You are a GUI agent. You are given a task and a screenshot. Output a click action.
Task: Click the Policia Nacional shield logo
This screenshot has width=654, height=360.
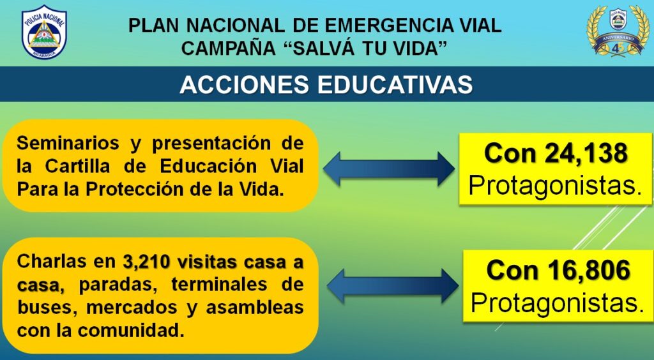44,32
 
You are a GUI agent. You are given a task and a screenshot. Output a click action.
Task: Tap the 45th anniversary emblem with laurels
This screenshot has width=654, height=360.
618,31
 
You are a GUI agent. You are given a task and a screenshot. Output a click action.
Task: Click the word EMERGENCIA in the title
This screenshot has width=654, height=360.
388,26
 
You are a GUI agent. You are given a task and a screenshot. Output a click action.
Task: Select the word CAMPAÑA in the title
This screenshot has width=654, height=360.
228,49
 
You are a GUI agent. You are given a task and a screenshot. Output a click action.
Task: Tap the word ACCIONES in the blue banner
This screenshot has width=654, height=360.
245,85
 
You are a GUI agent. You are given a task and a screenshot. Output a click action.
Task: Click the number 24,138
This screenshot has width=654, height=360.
586,153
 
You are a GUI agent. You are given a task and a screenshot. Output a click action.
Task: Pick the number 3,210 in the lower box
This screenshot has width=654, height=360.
146,262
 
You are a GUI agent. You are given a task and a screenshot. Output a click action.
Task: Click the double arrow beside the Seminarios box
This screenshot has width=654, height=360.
389,169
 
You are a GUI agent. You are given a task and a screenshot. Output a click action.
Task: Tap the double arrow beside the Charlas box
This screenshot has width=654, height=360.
393,286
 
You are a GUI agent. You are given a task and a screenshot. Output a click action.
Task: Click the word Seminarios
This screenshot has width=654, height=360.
68,144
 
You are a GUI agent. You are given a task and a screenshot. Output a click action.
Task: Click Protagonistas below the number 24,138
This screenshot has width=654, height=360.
555,186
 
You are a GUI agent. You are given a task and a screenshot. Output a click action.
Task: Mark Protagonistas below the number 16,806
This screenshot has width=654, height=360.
557,303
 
